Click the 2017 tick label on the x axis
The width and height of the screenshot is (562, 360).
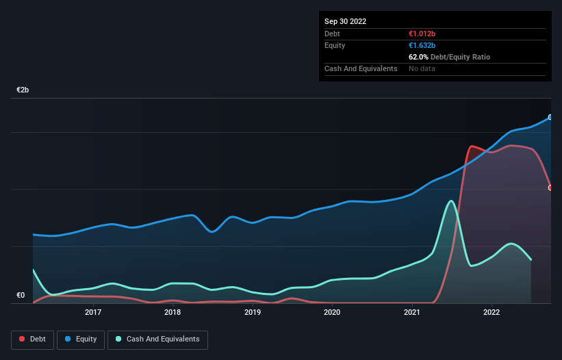point(93,313)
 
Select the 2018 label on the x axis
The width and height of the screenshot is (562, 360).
point(173,313)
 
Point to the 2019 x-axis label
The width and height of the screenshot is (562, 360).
point(253,313)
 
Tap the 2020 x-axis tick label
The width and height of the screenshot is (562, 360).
point(332,313)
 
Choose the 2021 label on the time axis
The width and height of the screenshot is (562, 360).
point(412,313)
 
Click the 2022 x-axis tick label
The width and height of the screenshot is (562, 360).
point(491,313)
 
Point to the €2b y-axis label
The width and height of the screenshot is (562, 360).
point(23,90)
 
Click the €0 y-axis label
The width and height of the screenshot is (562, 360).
point(21,296)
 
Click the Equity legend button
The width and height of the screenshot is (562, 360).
point(81,339)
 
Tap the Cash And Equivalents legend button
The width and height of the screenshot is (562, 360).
point(157,339)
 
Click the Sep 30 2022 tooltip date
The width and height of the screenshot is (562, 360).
point(346,21)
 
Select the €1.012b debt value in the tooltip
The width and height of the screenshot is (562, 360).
point(423,34)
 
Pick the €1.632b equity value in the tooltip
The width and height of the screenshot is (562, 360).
point(423,45)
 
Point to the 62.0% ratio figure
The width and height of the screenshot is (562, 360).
point(419,57)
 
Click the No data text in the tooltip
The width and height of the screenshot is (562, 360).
point(422,68)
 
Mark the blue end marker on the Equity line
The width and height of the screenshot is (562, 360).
point(550,117)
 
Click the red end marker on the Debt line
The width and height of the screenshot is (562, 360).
point(550,188)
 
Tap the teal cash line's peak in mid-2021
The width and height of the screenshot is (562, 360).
point(450,201)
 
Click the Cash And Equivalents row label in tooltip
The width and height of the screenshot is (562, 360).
point(361,68)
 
